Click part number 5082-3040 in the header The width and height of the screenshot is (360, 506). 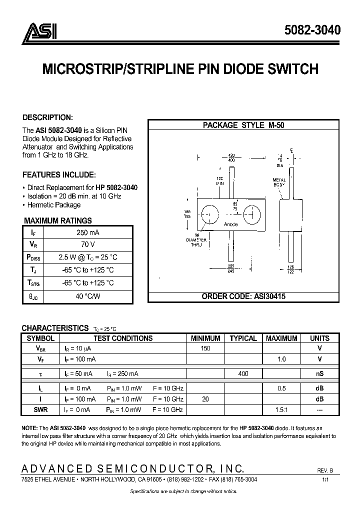click(x=312, y=30)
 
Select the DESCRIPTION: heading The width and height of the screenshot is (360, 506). click(x=47, y=117)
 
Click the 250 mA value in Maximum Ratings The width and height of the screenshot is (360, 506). click(x=87, y=232)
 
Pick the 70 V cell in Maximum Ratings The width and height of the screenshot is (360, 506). click(x=87, y=244)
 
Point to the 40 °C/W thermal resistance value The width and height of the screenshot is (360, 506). click(x=87, y=295)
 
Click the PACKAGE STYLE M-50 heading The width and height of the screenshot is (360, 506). click(x=243, y=125)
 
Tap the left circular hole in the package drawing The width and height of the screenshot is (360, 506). click(x=210, y=216)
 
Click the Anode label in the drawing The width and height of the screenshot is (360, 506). click(x=231, y=224)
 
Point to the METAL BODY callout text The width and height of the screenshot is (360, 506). click(x=279, y=182)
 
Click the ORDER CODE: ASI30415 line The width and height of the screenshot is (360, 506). click(x=243, y=296)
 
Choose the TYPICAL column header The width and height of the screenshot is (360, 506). click(x=243, y=338)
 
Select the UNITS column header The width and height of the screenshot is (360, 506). click(x=319, y=338)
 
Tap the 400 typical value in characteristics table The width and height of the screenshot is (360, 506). click(x=243, y=373)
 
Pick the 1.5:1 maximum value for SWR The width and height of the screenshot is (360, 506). click(x=281, y=409)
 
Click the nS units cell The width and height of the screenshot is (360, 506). click(x=319, y=373)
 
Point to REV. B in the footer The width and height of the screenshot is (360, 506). click(x=325, y=470)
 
